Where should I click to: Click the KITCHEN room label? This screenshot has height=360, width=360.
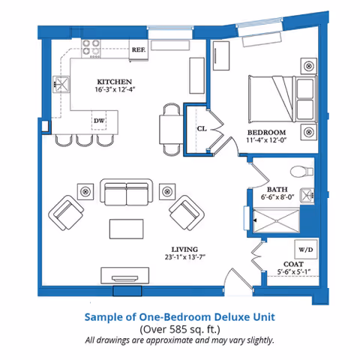click(115, 81)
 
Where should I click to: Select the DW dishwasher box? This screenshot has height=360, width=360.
click(99, 120)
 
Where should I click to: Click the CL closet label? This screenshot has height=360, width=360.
click(201, 128)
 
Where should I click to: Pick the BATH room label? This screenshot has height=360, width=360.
click(277, 189)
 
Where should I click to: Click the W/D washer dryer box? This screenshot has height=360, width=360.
click(305, 248)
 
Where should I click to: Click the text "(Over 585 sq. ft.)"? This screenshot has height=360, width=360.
click(179, 328)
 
